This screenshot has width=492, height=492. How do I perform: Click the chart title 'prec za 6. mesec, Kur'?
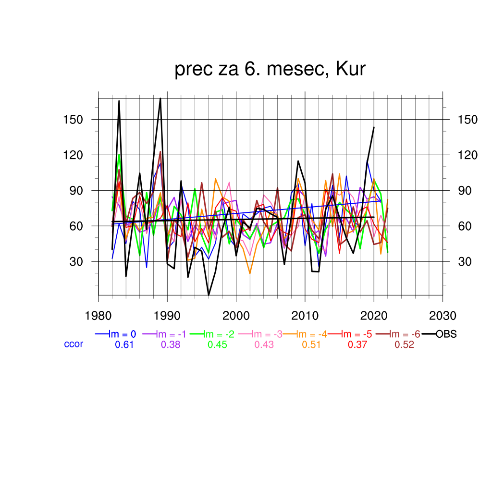pyautogui.click(x=270, y=70)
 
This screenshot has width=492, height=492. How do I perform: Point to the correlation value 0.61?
pyautogui.click(x=124, y=344)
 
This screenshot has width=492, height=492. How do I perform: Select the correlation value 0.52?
pyautogui.click(x=404, y=344)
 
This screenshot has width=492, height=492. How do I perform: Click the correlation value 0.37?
pyautogui.click(x=357, y=344)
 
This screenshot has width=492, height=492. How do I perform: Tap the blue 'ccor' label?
pyautogui.click(x=74, y=344)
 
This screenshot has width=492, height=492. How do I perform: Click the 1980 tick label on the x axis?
pyautogui.click(x=98, y=316)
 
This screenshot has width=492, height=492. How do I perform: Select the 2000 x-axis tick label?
pyautogui.click(x=236, y=316)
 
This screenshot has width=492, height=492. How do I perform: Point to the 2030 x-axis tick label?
pyautogui.click(x=443, y=316)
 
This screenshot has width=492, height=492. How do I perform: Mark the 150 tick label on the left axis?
pyautogui.click(x=72, y=120)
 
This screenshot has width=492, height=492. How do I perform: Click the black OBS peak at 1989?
pyautogui.click(x=160, y=98)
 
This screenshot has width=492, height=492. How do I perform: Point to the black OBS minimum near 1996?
pyautogui.click(x=209, y=295)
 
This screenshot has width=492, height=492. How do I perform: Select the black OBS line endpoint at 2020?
pyautogui.click(x=374, y=127)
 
